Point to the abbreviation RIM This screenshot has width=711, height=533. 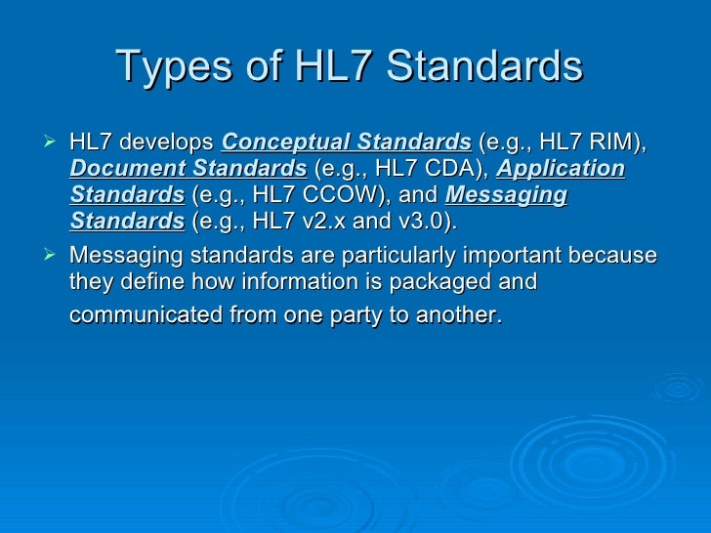tap(619, 143)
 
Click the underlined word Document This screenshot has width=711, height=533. tap(119, 169)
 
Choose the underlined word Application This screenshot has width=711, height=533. tap(561, 169)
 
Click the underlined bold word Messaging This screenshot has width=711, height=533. tap(506, 194)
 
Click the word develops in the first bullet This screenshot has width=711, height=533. tap(171, 143)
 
